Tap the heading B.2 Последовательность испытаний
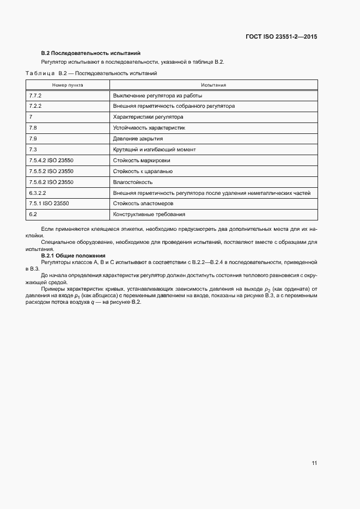91,53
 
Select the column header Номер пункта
68,85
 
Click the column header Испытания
213,85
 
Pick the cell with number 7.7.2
35,95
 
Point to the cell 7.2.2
35,106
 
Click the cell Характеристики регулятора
148,117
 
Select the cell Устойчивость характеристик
149,128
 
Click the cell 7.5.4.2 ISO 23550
51,160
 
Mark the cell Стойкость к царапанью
143,171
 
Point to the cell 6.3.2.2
37,193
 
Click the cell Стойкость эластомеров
143,203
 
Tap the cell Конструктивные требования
149,214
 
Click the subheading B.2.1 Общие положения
77,255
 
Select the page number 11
314,463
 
